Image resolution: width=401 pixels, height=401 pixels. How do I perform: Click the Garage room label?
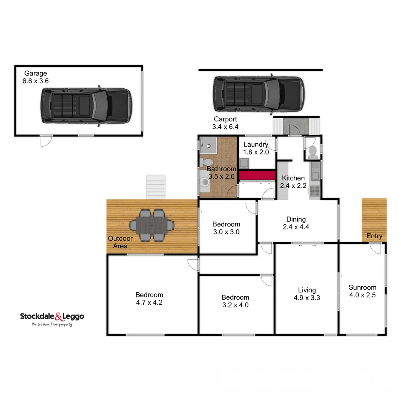coord(36,77)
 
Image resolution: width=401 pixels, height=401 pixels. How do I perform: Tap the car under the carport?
coord(258,94)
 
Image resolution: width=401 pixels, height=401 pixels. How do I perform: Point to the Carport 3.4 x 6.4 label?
coord(225,123)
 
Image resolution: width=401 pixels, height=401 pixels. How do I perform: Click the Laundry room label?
coord(256,148)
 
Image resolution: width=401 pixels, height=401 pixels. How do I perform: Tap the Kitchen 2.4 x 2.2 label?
coord(293,182)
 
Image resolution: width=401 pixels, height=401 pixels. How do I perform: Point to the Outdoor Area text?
coord(118,242)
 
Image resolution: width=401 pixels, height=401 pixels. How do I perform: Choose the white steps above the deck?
coord(156,187)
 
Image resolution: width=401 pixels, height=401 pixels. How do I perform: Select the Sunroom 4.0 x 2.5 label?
coord(362,291)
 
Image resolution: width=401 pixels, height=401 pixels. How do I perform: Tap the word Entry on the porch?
coord(374,236)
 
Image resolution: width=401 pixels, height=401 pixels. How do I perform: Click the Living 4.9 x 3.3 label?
coord(307,294)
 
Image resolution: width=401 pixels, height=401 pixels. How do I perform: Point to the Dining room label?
coord(296,223)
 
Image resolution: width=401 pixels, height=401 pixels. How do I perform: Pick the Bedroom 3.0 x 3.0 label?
coord(226,228)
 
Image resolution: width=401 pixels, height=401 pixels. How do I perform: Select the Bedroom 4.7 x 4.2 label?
coord(149,299)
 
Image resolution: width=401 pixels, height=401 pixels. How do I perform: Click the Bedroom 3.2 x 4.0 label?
coord(235,301)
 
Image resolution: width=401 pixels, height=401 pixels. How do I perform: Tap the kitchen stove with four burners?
coord(314,190)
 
